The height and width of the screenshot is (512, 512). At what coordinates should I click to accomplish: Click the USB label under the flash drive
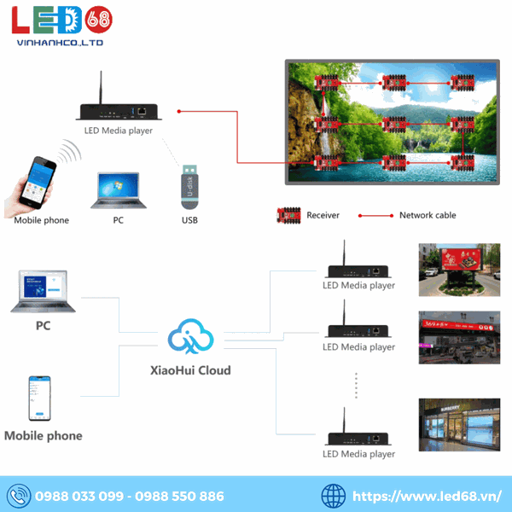189,220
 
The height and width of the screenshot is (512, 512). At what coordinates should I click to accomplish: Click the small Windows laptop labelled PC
118,190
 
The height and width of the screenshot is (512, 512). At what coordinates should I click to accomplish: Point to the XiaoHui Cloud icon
189,338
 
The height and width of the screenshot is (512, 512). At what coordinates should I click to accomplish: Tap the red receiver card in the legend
289,215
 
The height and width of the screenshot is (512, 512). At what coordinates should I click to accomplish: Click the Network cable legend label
427,215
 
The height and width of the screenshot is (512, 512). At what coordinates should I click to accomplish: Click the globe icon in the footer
334,495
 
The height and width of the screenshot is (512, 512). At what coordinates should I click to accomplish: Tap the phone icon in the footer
18,495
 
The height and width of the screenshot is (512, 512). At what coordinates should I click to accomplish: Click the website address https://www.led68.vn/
426,496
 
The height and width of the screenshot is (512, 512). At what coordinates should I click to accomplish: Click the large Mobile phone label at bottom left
44,435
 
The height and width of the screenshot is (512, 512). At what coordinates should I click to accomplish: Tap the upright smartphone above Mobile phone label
38,398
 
